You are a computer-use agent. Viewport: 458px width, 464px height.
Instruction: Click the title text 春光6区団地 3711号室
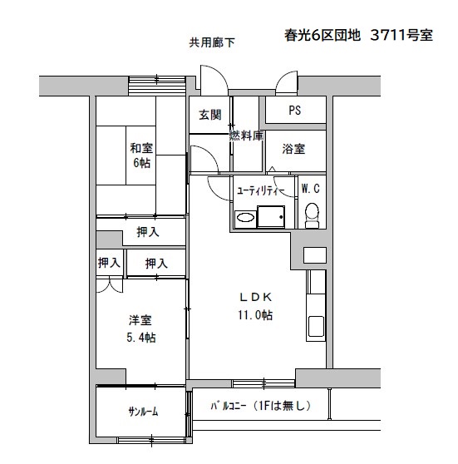click(358, 36)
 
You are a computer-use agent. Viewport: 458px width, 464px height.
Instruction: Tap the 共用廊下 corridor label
click(212, 42)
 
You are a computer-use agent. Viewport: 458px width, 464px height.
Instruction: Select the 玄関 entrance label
click(210, 115)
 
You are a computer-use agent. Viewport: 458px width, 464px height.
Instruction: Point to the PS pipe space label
click(295, 111)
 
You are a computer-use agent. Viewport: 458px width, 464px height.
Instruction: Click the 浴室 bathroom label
click(293, 149)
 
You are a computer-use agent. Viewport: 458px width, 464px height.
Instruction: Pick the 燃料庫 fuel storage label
click(247, 136)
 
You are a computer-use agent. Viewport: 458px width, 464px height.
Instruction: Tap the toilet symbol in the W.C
click(313, 215)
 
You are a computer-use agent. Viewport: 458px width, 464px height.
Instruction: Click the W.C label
click(311, 189)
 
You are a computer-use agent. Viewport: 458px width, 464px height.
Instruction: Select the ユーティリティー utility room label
click(261, 191)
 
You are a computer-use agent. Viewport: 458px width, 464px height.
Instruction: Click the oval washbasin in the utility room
click(245, 219)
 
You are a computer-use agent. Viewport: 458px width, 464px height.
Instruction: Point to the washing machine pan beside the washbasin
click(271, 216)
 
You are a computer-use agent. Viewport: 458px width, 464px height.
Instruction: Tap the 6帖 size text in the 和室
click(141, 163)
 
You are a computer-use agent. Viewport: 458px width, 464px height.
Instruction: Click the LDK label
click(256, 297)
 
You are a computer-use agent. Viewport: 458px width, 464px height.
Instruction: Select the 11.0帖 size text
click(256, 315)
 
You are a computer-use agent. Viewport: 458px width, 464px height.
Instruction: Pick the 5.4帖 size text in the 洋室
click(141, 338)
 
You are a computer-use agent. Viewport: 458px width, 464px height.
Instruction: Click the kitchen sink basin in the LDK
click(316, 326)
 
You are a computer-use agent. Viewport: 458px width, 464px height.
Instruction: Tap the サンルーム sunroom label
click(143, 412)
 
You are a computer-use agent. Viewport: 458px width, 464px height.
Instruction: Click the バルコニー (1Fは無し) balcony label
click(261, 406)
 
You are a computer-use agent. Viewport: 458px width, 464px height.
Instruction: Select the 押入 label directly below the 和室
click(148, 232)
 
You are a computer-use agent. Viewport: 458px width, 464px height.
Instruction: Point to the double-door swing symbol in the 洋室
click(110, 284)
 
